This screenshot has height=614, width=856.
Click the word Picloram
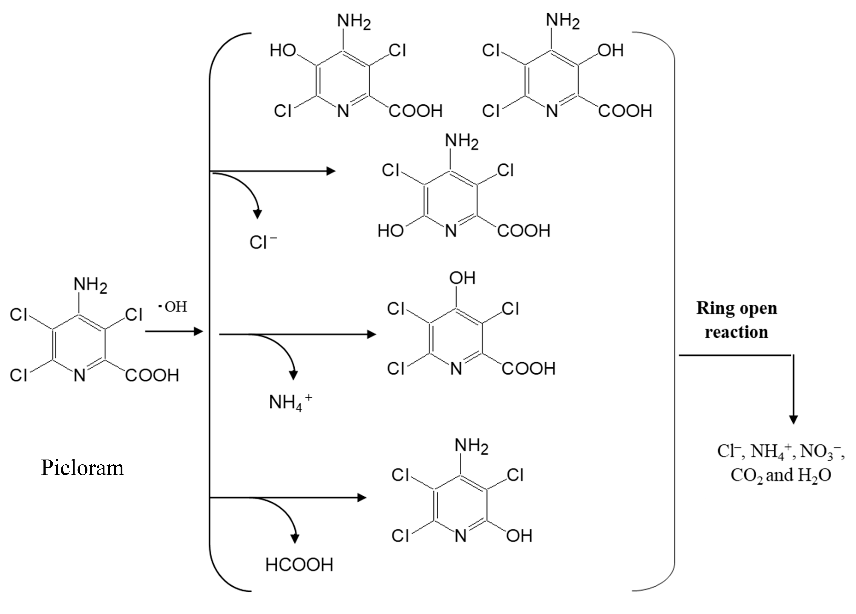82,468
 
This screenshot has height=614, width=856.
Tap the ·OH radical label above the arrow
173,307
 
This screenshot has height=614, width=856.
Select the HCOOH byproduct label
299,565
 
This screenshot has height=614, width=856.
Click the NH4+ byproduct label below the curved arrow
290,402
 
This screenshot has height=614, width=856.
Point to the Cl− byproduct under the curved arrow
263,242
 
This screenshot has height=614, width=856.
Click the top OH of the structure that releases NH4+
462,278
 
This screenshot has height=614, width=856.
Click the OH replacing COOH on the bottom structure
519,536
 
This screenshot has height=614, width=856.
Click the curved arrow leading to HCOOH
287,517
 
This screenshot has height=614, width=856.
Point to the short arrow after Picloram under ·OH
174,332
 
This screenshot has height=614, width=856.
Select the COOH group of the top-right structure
625,111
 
